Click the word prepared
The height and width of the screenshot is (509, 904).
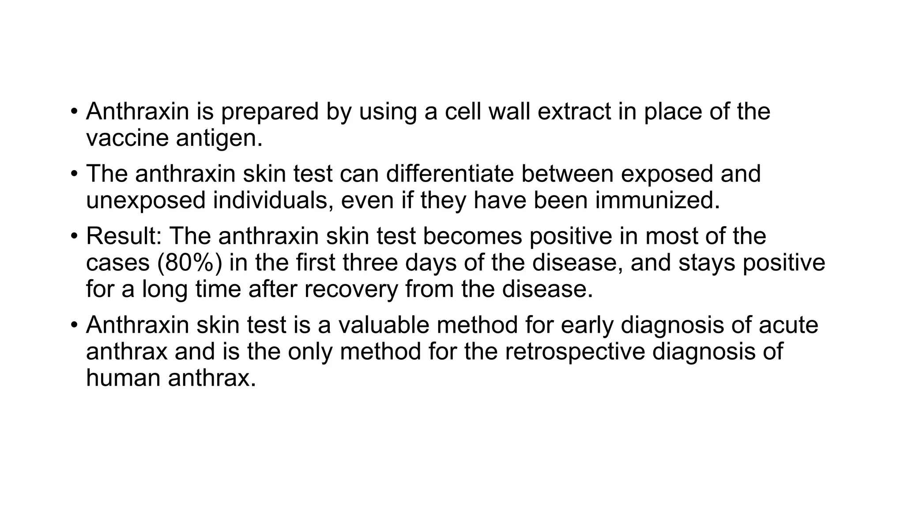[x=269, y=112]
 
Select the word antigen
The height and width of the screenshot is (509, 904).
[x=219, y=139]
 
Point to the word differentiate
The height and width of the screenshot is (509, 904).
[x=450, y=174]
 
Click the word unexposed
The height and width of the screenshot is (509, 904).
[x=146, y=201]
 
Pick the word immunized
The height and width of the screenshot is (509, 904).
[x=657, y=201]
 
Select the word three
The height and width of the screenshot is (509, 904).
[x=370, y=262]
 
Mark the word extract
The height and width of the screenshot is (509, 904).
[x=574, y=111]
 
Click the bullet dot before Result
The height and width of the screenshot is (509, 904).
[x=74, y=236]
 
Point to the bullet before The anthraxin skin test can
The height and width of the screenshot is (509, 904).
[x=74, y=174]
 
